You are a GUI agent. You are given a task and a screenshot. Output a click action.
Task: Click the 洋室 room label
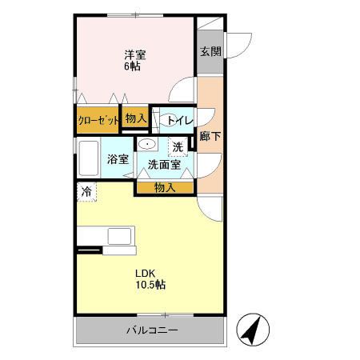click(x=134, y=54)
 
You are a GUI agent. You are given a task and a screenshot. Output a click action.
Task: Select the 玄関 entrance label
click(x=210, y=51)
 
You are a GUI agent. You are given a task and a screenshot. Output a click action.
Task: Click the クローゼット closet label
click(x=98, y=120)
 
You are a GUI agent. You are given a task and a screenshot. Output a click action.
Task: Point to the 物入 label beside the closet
click(x=136, y=118)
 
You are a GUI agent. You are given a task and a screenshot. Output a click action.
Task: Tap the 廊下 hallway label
click(x=210, y=136)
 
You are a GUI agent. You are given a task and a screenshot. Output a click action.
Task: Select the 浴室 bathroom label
click(x=118, y=158)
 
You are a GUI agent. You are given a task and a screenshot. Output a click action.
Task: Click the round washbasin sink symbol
click(x=147, y=144)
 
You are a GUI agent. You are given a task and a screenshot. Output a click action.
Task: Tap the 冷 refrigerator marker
click(x=85, y=191)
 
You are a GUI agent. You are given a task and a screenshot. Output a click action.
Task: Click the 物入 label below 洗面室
click(x=164, y=187)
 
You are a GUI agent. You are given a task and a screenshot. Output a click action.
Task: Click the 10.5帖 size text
click(x=149, y=284)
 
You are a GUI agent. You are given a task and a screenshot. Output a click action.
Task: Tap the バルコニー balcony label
click(x=151, y=330)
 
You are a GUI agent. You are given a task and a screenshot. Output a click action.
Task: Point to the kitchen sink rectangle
click(x=122, y=237)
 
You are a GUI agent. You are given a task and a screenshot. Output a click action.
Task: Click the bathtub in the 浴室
click(x=88, y=158)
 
